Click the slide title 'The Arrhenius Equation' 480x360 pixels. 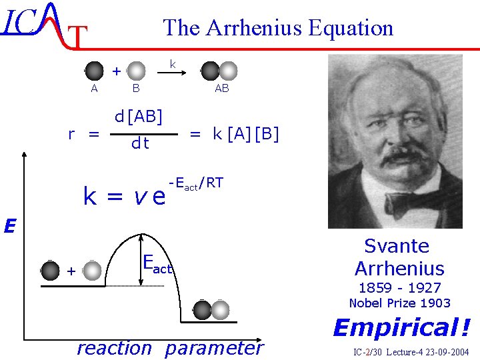[x=278, y=28]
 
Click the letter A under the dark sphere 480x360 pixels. [x=94, y=88]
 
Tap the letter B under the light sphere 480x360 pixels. [x=136, y=88]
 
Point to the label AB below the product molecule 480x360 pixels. [x=222, y=88]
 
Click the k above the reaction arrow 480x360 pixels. [x=172, y=64]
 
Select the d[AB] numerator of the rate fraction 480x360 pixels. [x=139, y=117]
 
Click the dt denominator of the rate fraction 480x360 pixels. [x=140, y=143]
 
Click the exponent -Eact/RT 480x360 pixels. [x=196, y=184]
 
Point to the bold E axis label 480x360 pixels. [x=9, y=227]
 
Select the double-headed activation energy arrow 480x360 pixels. [x=141, y=260]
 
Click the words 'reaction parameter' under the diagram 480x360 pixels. [x=170, y=348]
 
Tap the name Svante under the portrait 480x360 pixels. [x=397, y=246]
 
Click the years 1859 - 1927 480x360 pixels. [x=399, y=288]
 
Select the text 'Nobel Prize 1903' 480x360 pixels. [x=400, y=303]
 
